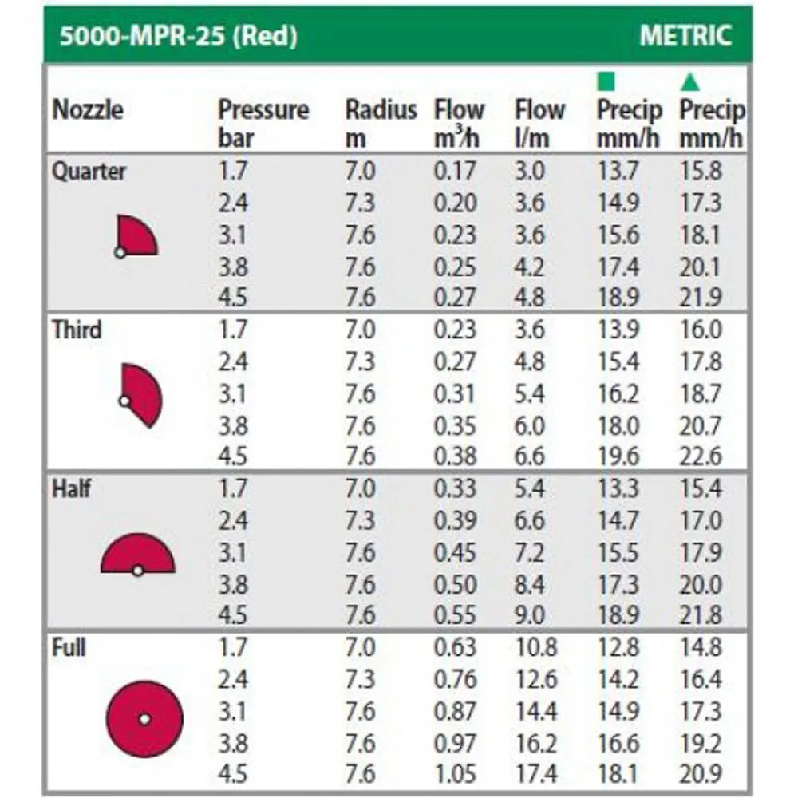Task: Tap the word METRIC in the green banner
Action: [685, 36]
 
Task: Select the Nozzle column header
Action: [88, 110]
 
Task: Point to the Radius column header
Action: [381, 110]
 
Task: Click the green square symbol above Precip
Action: [607, 81]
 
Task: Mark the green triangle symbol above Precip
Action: [690, 81]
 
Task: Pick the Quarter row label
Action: [89, 171]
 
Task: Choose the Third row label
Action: [77, 329]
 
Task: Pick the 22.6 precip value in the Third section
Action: [700, 456]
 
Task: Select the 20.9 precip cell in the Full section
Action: [700, 773]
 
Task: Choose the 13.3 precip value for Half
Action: [618, 488]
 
